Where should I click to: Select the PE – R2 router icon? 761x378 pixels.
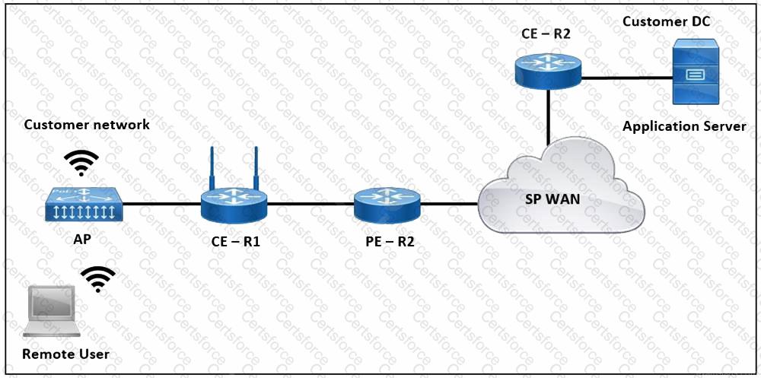tap(387, 204)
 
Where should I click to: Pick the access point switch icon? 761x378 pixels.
tap(83, 204)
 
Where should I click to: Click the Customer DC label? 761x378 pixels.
tap(666, 21)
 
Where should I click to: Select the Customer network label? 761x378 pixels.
tap(87, 124)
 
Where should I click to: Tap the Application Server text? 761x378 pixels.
tap(684, 126)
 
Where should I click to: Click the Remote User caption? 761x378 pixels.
tap(65, 354)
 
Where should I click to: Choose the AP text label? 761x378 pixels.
tap(83, 238)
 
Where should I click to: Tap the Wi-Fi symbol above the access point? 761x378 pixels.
tap(81, 163)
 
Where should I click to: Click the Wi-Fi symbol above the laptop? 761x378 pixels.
tap(99, 279)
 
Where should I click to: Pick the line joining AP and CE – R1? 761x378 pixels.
tap(161, 204)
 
